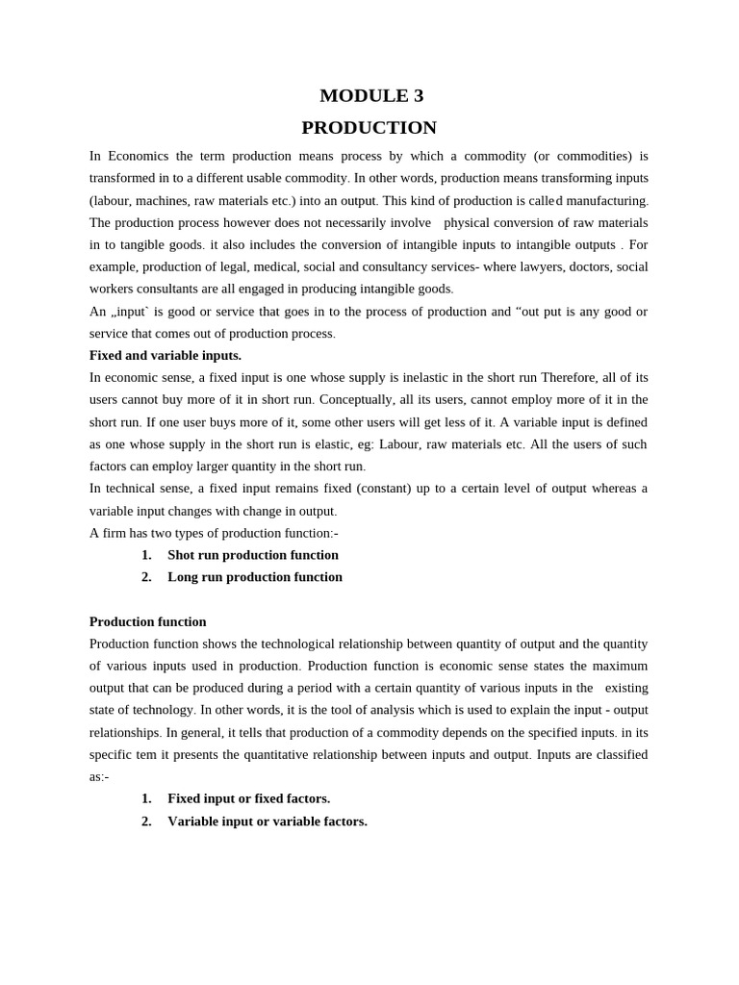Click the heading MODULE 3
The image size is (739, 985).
pyautogui.click(x=371, y=95)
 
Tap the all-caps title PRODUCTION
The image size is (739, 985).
pyautogui.click(x=369, y=127)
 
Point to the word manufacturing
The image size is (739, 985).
pyautogui.click(x=607, y=200)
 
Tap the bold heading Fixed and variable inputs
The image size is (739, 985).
pyautogui.click(x=166, y=355)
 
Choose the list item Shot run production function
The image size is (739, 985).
pyautogui.click(x=253, y=555)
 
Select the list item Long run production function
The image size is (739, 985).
pyautogui.click(x=255, y=577)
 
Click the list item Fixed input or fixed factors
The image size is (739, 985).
pyautogui.click(x=249, y=798)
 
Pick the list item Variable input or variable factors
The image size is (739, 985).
pyautogui.click(x=268, y=821)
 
